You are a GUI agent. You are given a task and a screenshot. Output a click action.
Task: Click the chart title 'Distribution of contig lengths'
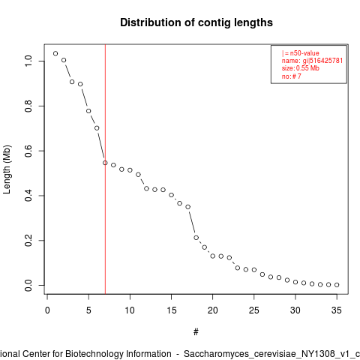tap(196, 22)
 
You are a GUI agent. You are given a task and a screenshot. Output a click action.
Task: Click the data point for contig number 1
tap(55, 53)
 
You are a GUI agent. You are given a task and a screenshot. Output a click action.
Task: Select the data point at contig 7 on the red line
tap(105, 163)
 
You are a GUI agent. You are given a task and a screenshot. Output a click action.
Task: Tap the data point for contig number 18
tap(196, 238)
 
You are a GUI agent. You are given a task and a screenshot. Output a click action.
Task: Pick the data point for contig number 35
tap(337, 285)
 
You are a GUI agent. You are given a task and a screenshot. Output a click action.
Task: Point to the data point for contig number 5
tap(88, 111)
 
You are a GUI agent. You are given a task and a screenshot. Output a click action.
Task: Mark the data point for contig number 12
tap(146, 188)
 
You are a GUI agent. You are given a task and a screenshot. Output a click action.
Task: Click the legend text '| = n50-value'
tap(300, 53)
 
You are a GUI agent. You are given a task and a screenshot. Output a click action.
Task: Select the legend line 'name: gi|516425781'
tap(312, 61)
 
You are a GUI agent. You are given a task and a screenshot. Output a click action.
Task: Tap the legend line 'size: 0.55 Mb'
tap(301, 68)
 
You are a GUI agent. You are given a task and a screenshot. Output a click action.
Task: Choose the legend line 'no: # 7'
tap(292, 76)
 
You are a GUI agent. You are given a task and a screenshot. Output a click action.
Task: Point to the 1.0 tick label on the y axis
tap(28, 61)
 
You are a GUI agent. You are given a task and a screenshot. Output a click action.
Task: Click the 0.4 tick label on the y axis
tap(28, 196)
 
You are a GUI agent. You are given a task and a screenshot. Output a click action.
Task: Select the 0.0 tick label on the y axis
tap(28, 285)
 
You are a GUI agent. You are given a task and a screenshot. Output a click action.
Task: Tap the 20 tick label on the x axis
tap(212, 310)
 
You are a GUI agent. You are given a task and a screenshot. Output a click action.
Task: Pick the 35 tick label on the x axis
tap(337, 310)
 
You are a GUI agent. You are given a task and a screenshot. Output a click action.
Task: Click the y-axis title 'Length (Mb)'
tap(7, 169)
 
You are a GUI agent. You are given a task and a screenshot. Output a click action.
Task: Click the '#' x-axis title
tap(196, 332)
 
